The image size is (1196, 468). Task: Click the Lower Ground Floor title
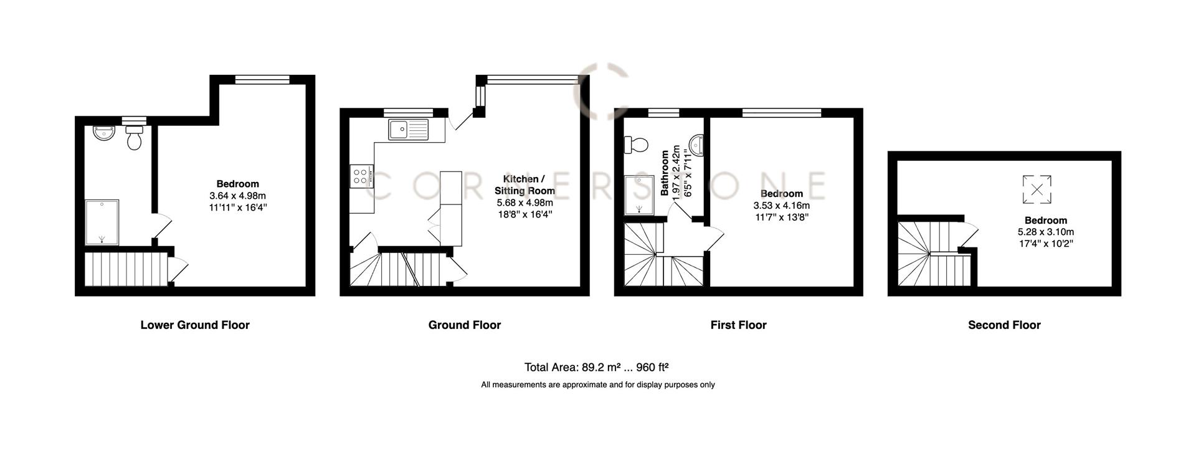[195, 325]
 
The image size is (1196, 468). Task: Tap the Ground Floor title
[464, 325]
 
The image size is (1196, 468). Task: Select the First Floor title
[738, 325]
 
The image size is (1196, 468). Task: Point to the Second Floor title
[1004, 325]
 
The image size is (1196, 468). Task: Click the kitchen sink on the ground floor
[409, 130]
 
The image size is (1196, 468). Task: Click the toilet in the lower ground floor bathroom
[134, 138]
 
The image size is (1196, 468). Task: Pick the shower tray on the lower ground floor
[101, 222]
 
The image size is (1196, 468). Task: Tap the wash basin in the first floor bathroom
[696, 145]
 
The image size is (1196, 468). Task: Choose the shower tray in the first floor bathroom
[639, 194]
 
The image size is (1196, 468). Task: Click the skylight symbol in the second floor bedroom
[1037, 189]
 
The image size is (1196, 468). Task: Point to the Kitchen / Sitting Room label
[524, 185]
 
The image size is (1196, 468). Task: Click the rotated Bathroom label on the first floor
[665, 173]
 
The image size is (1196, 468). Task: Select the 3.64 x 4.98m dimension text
[237, 196]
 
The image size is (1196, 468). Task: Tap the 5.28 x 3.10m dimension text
[1046, 232]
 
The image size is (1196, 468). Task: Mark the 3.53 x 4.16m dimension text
[781, 206]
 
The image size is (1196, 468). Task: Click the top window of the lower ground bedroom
[262, 79]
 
